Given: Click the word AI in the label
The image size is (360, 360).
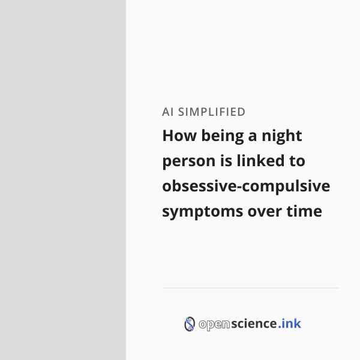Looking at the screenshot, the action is pos(167,112).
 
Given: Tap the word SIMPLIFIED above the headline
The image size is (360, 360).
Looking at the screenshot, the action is pos(212,112).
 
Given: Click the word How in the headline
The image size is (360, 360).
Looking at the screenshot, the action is pos(179,136).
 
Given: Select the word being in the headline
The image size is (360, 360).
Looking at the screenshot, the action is pos(223,137).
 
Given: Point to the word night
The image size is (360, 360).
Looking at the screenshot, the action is pos(282,137).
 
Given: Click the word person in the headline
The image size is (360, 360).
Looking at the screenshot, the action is pos(189,162).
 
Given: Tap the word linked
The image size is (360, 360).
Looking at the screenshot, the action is pos(260,160).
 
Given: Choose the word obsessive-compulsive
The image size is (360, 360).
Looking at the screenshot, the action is pos(246,187).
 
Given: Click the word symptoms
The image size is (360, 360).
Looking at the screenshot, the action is pos(203,212).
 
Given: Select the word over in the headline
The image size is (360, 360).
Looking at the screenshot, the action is pos(265,212).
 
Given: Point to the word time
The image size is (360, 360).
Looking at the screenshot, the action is pos(304,211).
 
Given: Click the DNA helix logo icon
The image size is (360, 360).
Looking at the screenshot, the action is pos(190,324).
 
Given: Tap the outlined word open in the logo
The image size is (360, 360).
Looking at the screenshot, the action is pos(214,325).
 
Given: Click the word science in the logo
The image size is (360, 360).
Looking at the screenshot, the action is pos(254,323).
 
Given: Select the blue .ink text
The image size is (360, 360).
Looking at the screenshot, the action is pos(290,323).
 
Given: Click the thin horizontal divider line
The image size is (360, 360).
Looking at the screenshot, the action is pos(250,287).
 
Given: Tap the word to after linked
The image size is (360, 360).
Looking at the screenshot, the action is pos(297,161).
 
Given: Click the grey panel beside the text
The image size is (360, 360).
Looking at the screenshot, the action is pos(63,180).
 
